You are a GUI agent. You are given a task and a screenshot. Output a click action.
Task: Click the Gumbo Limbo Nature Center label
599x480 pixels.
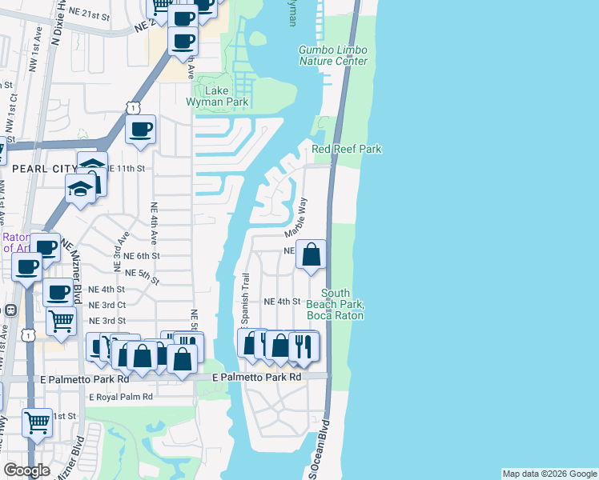click(333, 55)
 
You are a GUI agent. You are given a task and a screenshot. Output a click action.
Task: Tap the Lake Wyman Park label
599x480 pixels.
click(217, 96)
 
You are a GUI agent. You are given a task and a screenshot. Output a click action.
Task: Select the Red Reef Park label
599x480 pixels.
click(346, 150)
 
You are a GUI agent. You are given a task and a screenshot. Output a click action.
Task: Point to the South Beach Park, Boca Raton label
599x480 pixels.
click(344, 305)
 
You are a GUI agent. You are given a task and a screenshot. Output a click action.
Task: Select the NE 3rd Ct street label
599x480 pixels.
click(107, 305)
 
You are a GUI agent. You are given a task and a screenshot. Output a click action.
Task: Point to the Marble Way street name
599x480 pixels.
click(295, 216)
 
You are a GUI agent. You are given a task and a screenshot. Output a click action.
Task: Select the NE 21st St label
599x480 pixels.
click(109, 16)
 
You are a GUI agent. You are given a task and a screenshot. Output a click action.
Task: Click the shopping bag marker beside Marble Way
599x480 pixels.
click(312, 254)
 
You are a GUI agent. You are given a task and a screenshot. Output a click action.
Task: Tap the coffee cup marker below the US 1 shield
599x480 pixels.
click(141, 130)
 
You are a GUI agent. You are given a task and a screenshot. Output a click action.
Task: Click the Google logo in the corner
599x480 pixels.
click(26, 470)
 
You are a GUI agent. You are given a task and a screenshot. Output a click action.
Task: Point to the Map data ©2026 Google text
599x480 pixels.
click(549, 474)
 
